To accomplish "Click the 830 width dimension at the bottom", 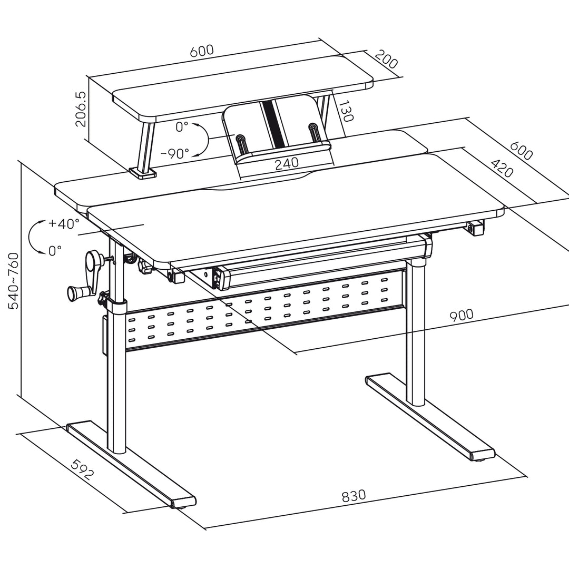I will (354, 496).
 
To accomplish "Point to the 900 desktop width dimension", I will (461, 316).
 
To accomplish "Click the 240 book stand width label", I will (287, 163).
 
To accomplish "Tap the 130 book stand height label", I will (345, 112).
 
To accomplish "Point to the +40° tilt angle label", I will (64, 223).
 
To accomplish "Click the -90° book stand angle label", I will (174, 153).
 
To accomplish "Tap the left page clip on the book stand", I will (241, 143).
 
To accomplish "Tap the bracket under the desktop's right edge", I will (476, 227).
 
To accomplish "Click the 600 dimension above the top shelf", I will (202, 51).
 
